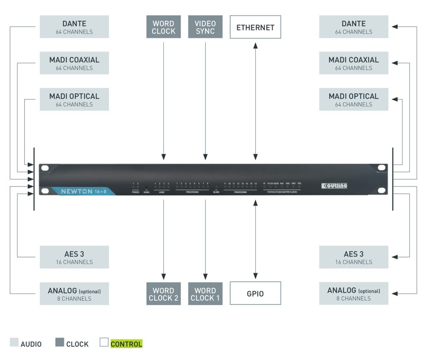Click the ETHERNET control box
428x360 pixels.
coord(255,27)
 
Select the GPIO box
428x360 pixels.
coord(255,294)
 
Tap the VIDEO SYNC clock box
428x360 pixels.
coord(205,27)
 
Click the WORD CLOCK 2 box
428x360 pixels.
coord(163,294)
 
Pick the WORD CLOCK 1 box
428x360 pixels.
coord(205,294)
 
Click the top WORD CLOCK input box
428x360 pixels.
coord(163,27)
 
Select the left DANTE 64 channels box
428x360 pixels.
coord(74,27)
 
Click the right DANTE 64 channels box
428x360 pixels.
coord(354,27)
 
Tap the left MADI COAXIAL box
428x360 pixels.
coord(74,63)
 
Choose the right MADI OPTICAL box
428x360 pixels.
coord(354,100)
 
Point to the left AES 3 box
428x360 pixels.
coord(74,257)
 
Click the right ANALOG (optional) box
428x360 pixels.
coord(354,294)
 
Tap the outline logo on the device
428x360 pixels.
coord(334,186)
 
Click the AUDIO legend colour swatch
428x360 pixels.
coord(14,343)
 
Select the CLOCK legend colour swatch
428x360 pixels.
coord(60,343)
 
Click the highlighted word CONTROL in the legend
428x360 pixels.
coord(126,344)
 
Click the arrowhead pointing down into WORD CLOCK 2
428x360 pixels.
coord(163,276)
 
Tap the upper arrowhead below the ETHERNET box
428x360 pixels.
coord(255,44)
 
